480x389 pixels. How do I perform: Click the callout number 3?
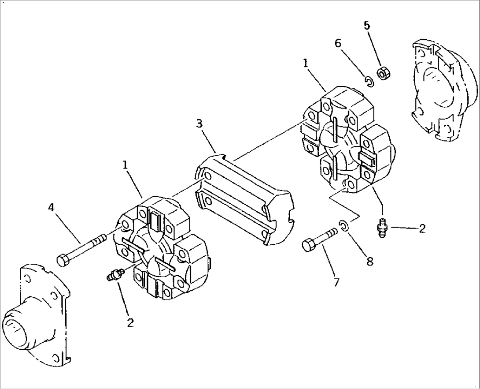click(199, 123)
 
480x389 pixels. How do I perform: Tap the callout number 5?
click(367, 25)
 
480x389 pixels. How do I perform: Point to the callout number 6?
click(338, 43)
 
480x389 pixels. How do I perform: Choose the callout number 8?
click(370, 261)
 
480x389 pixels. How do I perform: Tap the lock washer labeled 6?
click(369, 81)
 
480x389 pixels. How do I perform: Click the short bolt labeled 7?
click(319, 240)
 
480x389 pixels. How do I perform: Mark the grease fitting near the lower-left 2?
click(116, 276)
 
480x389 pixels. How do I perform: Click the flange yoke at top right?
click(443, 90)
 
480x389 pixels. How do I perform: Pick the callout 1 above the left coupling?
click(125, 165)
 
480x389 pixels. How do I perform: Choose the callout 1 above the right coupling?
click(305, 64)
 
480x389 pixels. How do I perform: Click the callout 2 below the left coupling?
click(130, 322)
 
